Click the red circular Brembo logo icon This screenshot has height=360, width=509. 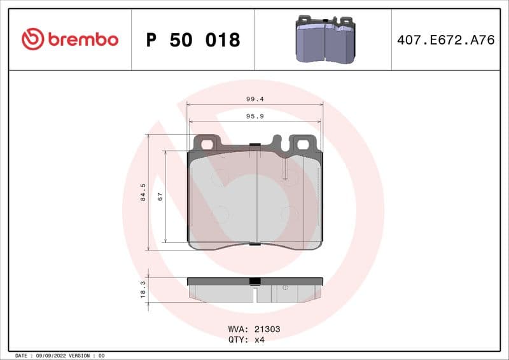pos(32,39)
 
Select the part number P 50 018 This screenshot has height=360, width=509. pos(193,40)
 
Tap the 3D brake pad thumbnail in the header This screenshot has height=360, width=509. pos(324,39)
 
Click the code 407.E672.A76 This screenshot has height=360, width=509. pos(445,40)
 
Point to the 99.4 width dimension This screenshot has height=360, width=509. pos(255,99)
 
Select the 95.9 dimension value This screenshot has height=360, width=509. pos(255,116)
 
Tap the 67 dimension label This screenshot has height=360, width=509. pos(160,196)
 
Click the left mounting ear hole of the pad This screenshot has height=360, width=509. pos(207,144)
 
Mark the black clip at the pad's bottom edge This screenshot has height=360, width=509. pos(254,244)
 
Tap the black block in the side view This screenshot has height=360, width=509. pos(254,281)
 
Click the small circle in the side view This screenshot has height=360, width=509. pos(285,288)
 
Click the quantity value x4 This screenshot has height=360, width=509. pos(259,340)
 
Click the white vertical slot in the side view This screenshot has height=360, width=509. pos(254,295)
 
